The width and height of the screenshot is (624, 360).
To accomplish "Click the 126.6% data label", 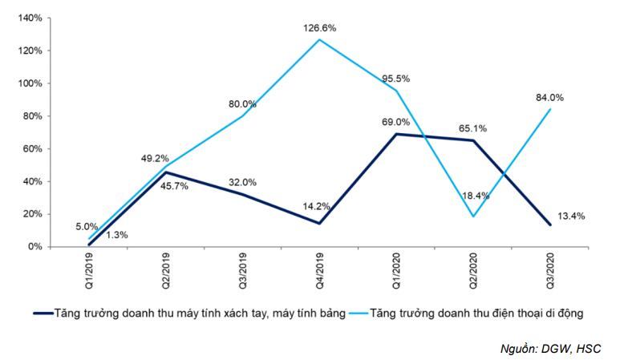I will click(320, 28).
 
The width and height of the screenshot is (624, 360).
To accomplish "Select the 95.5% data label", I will click(396, 78).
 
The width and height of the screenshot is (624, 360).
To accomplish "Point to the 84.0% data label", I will click(549, 98).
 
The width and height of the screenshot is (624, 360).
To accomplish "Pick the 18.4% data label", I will click(472, 196).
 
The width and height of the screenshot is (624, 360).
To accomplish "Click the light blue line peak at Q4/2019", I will click(319, 39).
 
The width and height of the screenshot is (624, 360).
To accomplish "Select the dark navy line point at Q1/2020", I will click(396, 134).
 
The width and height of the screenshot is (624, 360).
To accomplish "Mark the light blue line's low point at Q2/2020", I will click(473, 216).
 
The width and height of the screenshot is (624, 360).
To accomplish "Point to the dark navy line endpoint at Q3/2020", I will click(549, 224).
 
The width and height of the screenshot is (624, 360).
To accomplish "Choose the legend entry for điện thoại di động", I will click(476, 313).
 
